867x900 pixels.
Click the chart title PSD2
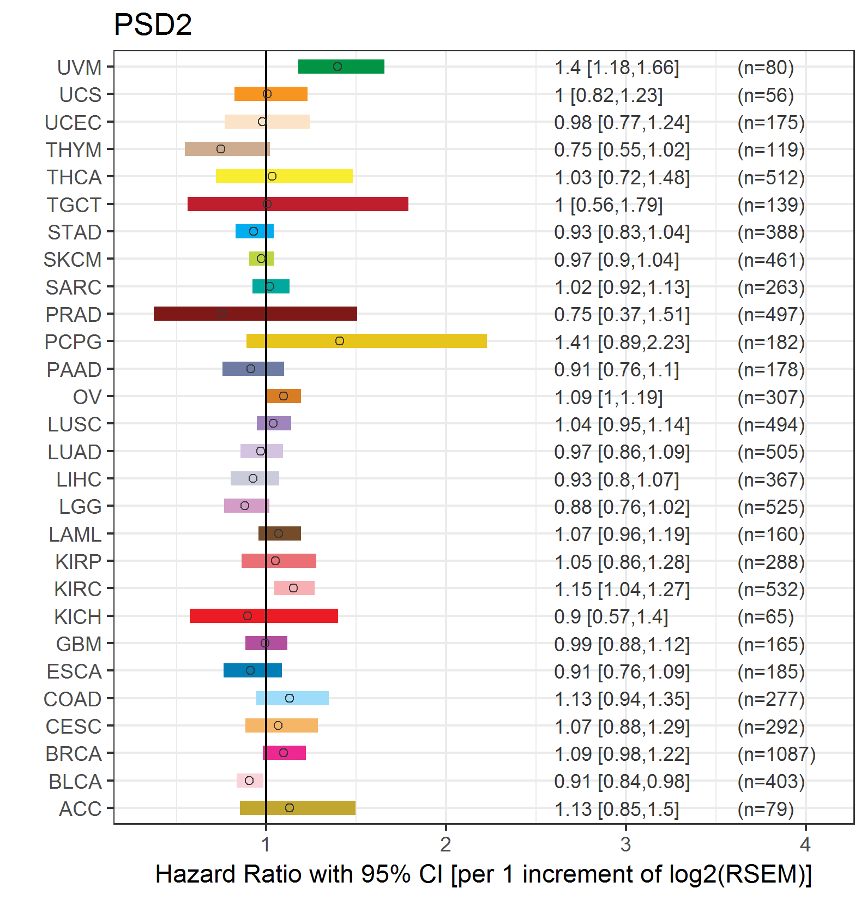click(x=153, y=25)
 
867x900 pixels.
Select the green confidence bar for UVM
click(x=341, y=67)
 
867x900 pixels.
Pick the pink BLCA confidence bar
click(x=250, y=781)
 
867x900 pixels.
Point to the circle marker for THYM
click(x=221, y=149)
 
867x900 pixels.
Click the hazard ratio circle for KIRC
click(x=293, y=588)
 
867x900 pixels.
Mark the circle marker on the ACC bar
click(x=290, y=808)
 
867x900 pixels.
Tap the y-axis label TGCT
click(x=74, y=205)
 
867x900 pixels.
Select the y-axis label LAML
click(x=75, y=535)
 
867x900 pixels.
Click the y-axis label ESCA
click(x=74, y=671)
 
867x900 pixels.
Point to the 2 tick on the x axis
click(x=445, y=844)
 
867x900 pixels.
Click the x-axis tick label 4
click(x=805, y=844)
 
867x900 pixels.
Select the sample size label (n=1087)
click(x=776, y=754)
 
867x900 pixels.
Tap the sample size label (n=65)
click(x=766, y=617)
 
